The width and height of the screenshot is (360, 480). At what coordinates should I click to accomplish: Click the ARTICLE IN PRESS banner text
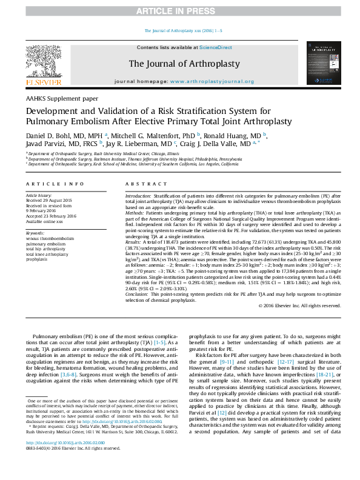click(x=180, y=12)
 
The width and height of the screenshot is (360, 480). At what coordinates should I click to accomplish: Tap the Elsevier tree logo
click(x=44, y=61)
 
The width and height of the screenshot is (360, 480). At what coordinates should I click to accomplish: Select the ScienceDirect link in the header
click(x=216, y=47)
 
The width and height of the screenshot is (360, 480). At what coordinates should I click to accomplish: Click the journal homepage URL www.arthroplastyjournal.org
click(x=208, y=81)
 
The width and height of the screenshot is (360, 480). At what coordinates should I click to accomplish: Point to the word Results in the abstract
click(x=134, y=241)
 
